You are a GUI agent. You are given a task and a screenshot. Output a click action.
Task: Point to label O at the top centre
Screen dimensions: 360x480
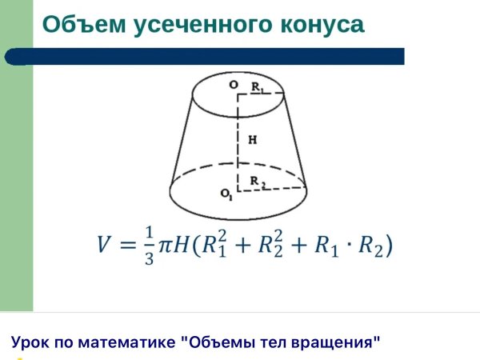[x=233, y=84]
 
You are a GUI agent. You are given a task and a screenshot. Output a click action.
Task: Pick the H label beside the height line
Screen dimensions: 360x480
[x=253, y=139]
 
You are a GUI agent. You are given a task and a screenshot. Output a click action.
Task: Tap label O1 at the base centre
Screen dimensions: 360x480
[x=227, y=194]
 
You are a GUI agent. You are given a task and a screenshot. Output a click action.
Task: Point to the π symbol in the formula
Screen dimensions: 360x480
[x=166, y=245]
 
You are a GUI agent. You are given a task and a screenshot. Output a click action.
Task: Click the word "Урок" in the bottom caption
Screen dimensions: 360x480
[x=30, y=342]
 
